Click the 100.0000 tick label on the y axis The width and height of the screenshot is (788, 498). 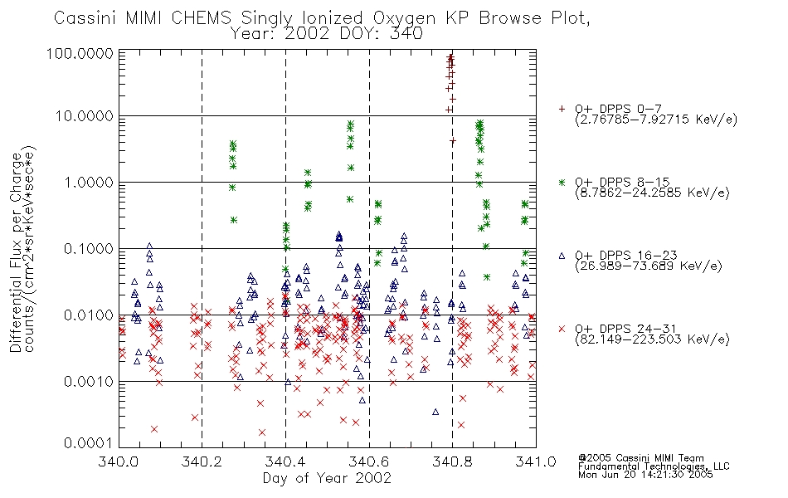[x=80, y=53]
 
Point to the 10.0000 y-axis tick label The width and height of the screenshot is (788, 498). [x=85, y=116]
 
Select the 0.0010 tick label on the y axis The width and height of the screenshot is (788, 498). [x=89, y=382]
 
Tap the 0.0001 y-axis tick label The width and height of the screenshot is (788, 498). [x=89, y=443]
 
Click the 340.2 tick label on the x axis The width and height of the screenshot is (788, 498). [x=202, y=461]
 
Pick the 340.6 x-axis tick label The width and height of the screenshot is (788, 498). [x=369, y=461]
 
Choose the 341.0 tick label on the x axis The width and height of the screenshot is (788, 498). [x=536, y=461]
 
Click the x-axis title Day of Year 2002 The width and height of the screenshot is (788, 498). [x=327, y=478]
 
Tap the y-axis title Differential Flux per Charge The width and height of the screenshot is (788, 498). [x=16, y=252]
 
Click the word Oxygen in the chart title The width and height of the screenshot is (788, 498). [x=404, y=18]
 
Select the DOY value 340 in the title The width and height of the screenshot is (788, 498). [x=406, y=34]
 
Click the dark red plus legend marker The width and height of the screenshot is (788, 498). [x=562, y=109]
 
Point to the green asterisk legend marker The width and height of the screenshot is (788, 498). [x=562, y=182]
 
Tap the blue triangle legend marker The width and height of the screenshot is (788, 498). [x=562, y=256]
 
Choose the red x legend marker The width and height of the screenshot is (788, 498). [x=562, y=329]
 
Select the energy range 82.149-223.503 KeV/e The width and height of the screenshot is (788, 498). [x=652, y=339]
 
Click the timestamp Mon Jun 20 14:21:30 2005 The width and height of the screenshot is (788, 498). [x=645, y=475]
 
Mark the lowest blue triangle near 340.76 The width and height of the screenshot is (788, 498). [x=435, y=412]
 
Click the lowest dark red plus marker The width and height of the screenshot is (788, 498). [x=453, y=141]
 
